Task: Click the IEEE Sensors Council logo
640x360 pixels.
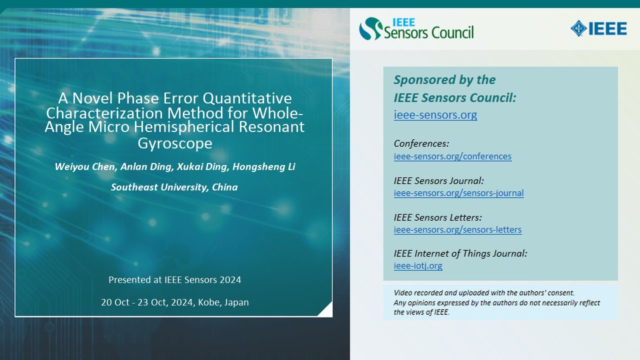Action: (x=416, y=28)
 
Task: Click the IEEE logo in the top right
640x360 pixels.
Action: (x=598, y=28)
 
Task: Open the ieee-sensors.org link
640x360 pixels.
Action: (x=435, y=114)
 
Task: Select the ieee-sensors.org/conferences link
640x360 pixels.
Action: (x=452, y=156)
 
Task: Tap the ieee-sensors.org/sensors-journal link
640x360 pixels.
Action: (x=458, y=193)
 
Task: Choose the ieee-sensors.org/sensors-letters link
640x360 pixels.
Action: (x=457, y=229)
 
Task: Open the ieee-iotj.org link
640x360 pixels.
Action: (x=418, y=265)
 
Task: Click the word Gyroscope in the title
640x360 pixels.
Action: (x=174, y=143)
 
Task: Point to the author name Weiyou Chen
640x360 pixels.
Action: (x=83, y=166)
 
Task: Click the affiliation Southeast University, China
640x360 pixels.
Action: (x=174, y=187)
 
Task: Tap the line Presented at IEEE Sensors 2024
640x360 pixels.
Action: (x=174, y=279)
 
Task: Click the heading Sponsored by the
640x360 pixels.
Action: (x=444, y=80)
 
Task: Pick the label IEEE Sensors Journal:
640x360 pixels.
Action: (x=438, y=180)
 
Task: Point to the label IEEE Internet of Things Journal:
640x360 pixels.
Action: (x=460, y=253)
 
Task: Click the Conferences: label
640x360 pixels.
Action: (x=421, y=143)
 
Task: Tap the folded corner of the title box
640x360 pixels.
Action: (x=326, y=310)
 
